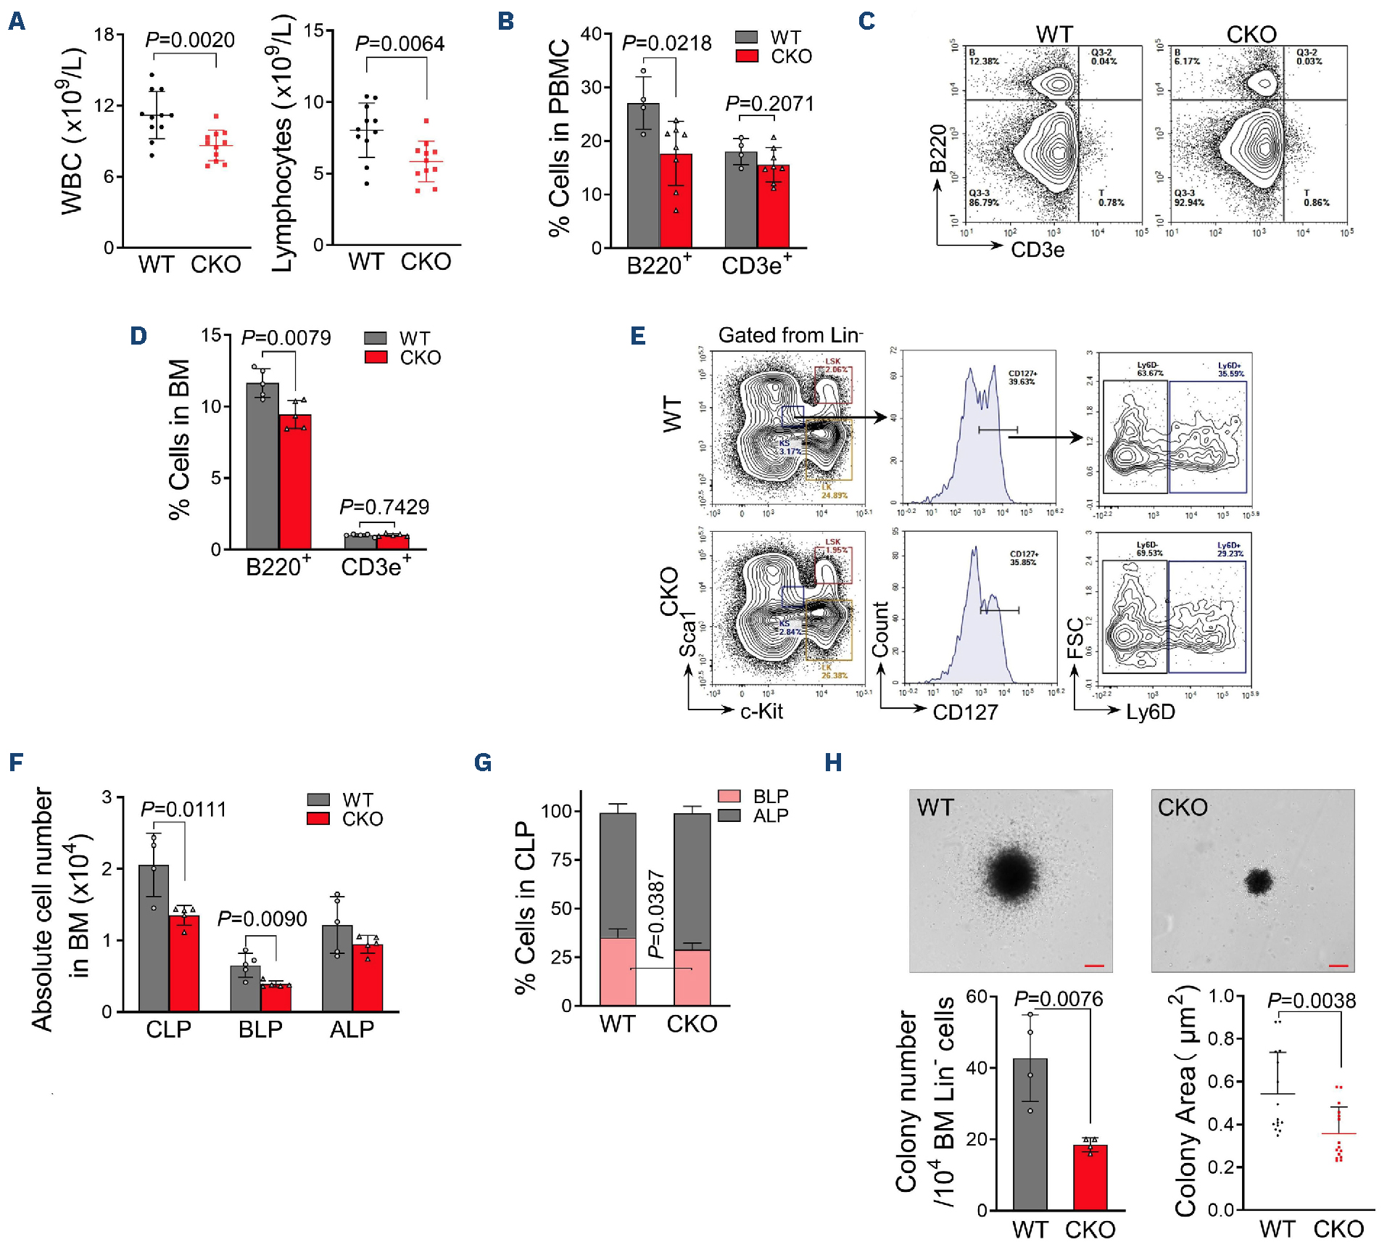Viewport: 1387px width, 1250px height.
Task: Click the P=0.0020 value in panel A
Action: pyautogui.click(x=190, y=40)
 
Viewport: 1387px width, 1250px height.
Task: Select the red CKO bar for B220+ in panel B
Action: pyautogui.click(x=676, y=201)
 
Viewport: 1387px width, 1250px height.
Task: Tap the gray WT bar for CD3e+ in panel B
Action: pyautogui.click(x=740, y=200)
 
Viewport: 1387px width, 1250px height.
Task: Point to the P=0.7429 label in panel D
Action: pyautogui.click(x=384, y=506)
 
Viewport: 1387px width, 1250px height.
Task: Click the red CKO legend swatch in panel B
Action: pyautogui.click(x=747, y=57)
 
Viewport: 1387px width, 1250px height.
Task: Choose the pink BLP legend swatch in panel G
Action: pyautogui.click(x=729, y=796)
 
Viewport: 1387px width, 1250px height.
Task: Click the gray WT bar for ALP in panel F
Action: pyautogui.click(x=337, y=969)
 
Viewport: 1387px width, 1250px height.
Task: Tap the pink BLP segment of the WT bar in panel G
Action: pyautogui.click(x=618, y=971)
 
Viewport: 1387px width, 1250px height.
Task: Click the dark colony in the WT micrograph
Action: pyautogui.click(x=1011, y=874)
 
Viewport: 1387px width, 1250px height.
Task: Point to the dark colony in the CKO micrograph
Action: pyautogui.click(x=1258, y=881)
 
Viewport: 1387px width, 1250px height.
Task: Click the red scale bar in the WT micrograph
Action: pyautogui.click(x=1094, y=966)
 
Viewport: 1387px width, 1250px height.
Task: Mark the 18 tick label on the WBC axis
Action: pyautogui.click(x=104, y=35)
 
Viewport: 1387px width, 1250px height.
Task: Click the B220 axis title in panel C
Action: pyautogui.click(x=939, y=148)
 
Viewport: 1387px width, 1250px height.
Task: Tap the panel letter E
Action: pyautogui.click(x=638, y=336)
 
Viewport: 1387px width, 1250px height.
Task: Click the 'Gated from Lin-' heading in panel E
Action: pyautogui.click(x=790, y=335)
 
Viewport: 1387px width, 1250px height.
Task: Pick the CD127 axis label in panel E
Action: pyautogui.click(x=965, y=712)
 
